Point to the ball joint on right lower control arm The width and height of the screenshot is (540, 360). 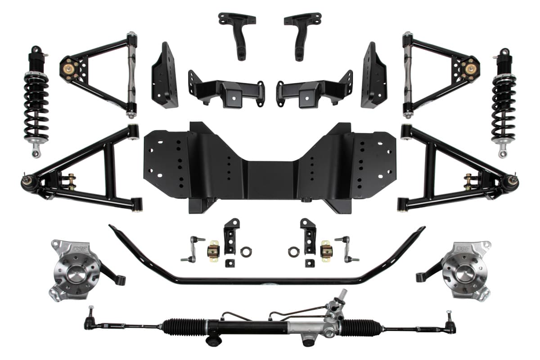[513, 181]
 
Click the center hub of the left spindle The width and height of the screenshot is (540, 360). [76, 274]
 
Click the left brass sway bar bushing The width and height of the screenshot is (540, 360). [213, 250]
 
